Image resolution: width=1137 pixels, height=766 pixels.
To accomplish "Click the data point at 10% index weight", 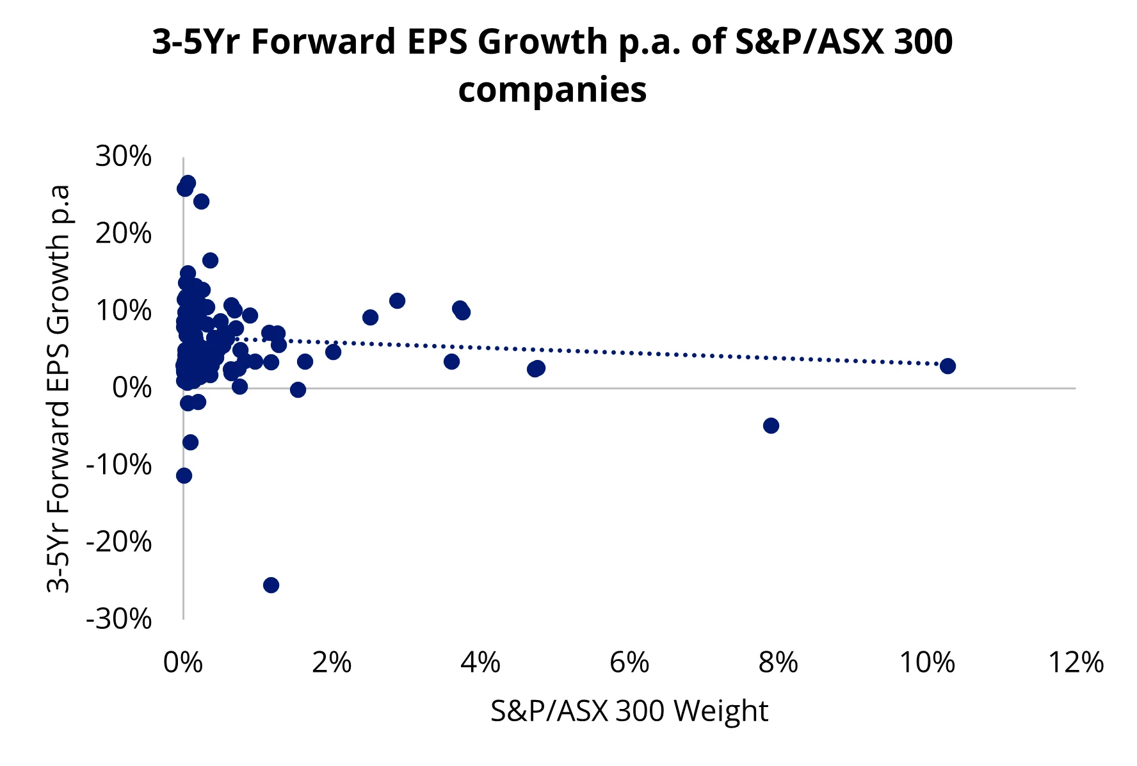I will click(948, 366).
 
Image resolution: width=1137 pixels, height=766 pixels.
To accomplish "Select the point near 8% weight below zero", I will click(771, 425).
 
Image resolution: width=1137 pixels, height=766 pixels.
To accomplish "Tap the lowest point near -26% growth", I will click(271, 585).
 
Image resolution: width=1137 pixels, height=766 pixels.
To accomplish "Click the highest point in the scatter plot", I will click(188, 183).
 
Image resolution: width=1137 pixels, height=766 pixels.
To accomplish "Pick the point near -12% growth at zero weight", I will click(184, 475).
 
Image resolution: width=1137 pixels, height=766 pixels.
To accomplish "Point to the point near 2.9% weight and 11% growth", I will click(397, 300).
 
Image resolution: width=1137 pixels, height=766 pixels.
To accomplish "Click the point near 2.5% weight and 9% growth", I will click(370, 317).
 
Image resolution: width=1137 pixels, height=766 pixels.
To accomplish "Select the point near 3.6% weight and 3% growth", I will click(451, 361).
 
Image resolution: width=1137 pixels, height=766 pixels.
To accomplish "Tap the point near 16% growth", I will click(210, 260).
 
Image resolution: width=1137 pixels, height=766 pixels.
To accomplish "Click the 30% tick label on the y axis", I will click(124, 156).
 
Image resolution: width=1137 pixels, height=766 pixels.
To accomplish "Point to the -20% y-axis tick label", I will click(119, 542).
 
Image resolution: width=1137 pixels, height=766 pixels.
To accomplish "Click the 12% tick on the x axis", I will click(1076, 662).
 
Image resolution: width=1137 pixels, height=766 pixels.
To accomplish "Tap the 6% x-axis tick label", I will click(629, 662).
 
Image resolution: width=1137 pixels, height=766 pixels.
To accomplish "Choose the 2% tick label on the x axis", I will click(332, 662).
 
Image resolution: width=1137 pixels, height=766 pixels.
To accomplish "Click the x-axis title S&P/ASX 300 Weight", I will click(629, 711).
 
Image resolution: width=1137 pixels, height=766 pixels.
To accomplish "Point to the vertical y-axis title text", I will click(58, 389).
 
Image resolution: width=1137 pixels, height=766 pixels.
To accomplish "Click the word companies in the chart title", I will click(552, 90).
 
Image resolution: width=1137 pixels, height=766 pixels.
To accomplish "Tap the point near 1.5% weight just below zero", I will click(298, 389).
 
